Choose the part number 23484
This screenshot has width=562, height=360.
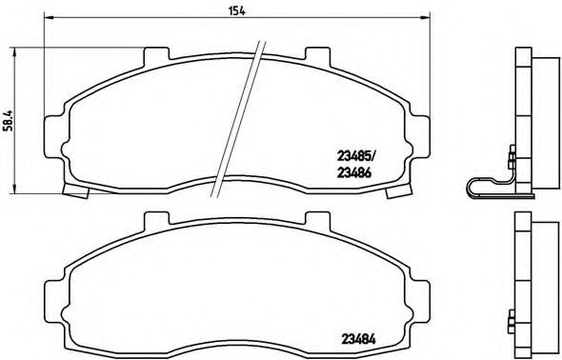click(x=356, y=335)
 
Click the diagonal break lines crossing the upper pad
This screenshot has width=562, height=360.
click(x=239, y=114)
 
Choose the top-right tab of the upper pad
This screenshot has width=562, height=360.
click(x=314, y=56)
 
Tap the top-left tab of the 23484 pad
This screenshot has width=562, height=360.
click(x=153, y=221)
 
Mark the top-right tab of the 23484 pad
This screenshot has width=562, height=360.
click(x=314, y=222)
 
